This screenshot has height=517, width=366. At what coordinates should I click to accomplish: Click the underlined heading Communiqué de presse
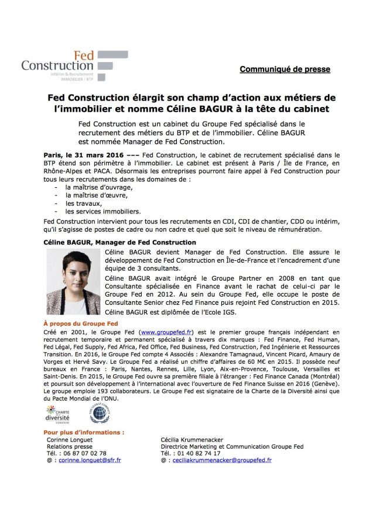pos(285,69)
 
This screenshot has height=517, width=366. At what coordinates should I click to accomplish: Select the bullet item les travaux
pos(84,203)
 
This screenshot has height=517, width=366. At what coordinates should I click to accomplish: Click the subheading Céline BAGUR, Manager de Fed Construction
pos(120,242)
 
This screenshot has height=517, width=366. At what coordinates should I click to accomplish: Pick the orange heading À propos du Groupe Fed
pos(81,323)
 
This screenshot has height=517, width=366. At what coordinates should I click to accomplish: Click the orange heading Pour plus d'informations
pos(84,432)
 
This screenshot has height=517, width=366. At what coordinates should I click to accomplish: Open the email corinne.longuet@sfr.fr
pos(89,460)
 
